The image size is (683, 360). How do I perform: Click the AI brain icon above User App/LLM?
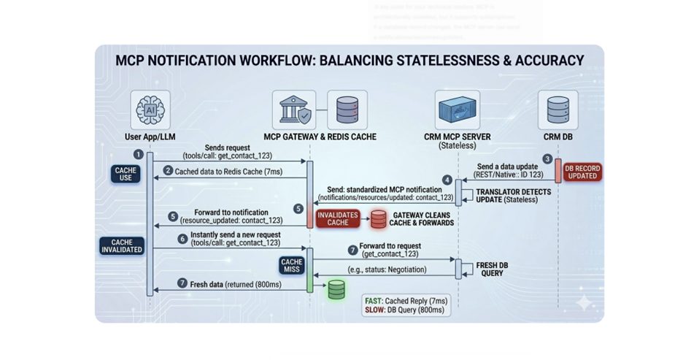(x=151, y=110)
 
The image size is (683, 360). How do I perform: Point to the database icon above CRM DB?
(x=558, y=110)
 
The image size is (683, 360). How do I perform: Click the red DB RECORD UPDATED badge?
(x=582, y=172)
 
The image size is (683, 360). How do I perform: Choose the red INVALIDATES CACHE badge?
(x=338, y=218)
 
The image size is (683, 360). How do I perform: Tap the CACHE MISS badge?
(x=291, y=266)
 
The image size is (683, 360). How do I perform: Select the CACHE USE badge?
(x=126, y=174)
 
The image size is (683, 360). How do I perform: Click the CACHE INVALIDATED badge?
(x=122, y=246)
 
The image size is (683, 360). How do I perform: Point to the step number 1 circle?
(x=138, y=154)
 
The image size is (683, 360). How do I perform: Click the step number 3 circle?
(x=547, y=159)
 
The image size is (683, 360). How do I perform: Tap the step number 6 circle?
(x=182, y=239)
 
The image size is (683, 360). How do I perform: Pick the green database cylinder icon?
(x=336, y=289)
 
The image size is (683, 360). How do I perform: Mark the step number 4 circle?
(x=447, y=180)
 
